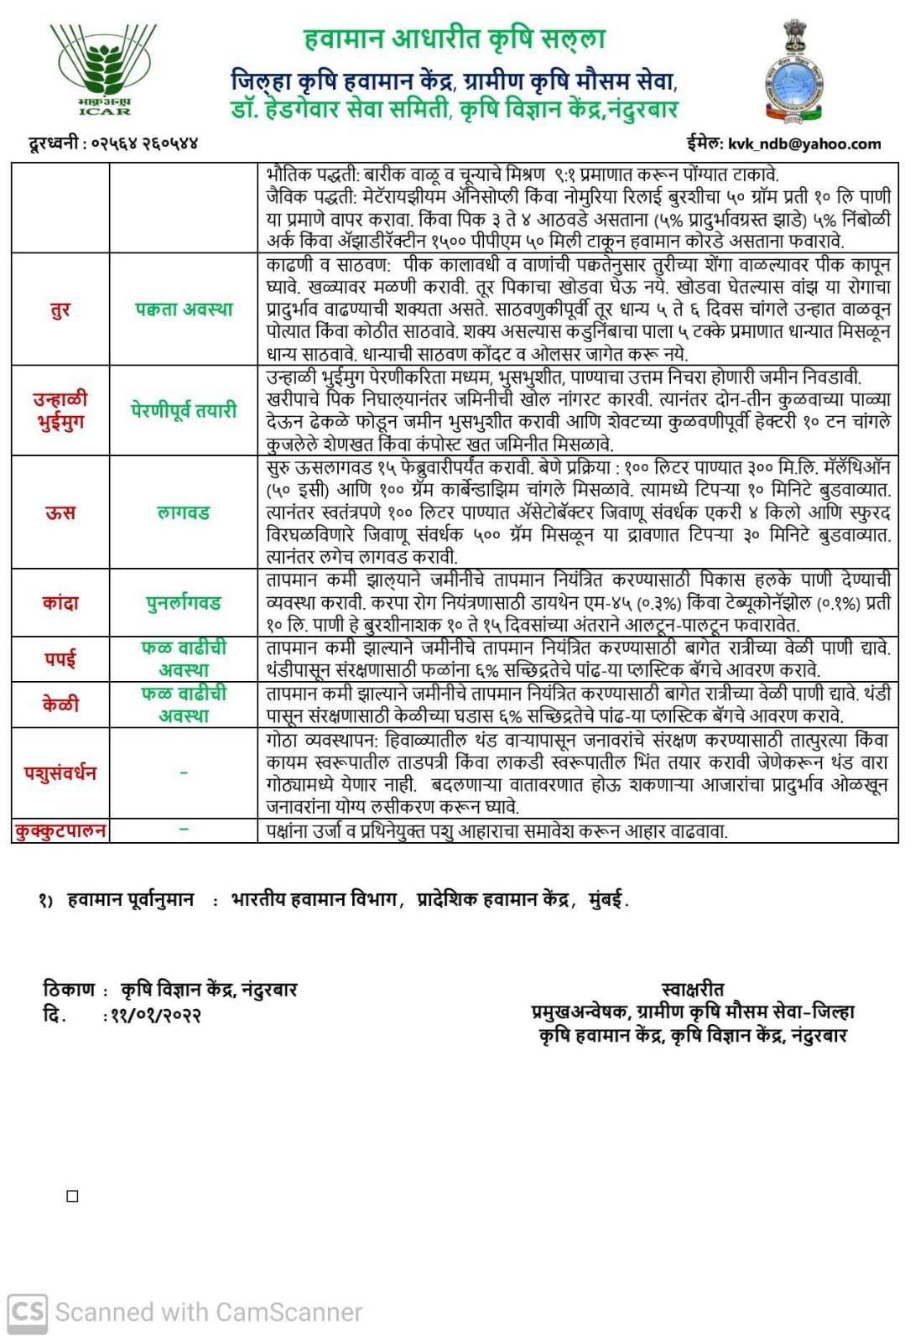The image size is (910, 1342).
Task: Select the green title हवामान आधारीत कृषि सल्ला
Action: pos(454,39)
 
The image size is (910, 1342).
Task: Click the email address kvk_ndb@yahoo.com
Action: pos(803,143)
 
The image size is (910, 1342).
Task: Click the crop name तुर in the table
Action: pos(60,309)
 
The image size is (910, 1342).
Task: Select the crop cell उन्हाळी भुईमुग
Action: pos(60,410)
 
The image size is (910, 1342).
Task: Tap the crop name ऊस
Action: pos(60,512)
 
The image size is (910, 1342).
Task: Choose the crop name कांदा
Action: pos(60,602)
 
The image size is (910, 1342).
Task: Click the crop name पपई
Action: pos(60,658)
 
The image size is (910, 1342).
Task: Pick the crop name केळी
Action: pos(60,704)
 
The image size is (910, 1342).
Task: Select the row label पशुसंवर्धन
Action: pos(60,772)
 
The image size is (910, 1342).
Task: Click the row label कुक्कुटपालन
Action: pos(60,830)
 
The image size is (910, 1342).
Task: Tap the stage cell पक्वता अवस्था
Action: pos(184,309)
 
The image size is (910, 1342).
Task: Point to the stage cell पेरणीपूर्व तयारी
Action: pos(184,410)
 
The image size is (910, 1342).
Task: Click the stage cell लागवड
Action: pos(184,512)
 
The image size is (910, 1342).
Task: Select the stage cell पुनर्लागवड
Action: pos(184,602)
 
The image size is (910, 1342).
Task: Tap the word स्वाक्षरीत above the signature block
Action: pos(692,989)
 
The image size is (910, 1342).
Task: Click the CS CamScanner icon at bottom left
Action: pos(28,1312)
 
